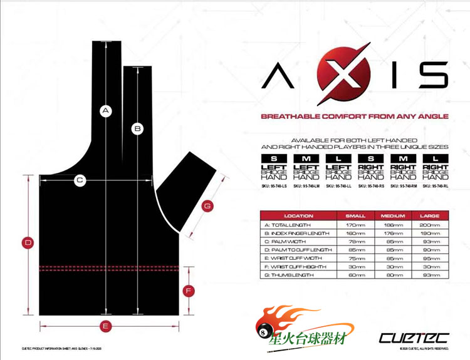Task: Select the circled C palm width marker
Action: pos(80,180)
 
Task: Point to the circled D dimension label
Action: pos(28,242)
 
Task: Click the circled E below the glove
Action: pos(106,326)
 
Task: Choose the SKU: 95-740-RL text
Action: pos(435,186)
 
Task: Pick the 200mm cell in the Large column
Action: pos(430,224)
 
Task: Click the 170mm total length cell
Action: pos(355,224)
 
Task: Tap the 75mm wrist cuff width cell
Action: pos(355,257)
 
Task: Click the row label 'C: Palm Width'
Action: pos(288,240)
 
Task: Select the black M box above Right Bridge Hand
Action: pos(403,158)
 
